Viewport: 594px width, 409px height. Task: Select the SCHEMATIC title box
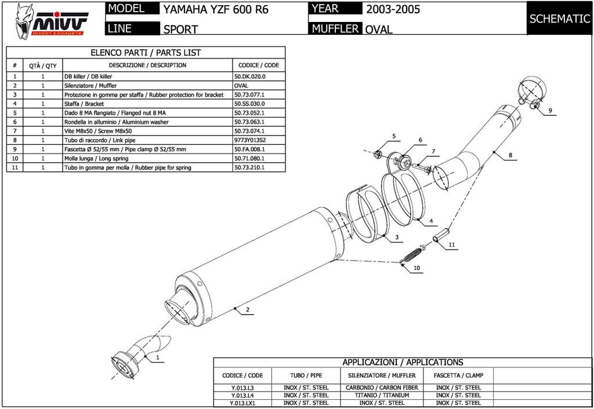(x=560, y=18)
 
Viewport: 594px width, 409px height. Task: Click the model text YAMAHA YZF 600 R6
(x=215, y=10)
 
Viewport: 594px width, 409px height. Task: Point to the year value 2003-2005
(x=393, y=9)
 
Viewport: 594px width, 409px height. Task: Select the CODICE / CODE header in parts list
(x=259, y=65)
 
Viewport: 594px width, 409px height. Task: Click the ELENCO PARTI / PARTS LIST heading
(x=146, y=52)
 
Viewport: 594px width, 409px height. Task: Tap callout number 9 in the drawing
(x=550, y=110)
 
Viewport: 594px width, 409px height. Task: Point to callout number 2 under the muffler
(x=247, y=310)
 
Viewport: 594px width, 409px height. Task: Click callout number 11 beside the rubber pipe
(x=451, y=245)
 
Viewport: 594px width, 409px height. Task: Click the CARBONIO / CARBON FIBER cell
(x=382, y=387)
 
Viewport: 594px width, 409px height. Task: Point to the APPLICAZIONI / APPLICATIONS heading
(x=403, y=362)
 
